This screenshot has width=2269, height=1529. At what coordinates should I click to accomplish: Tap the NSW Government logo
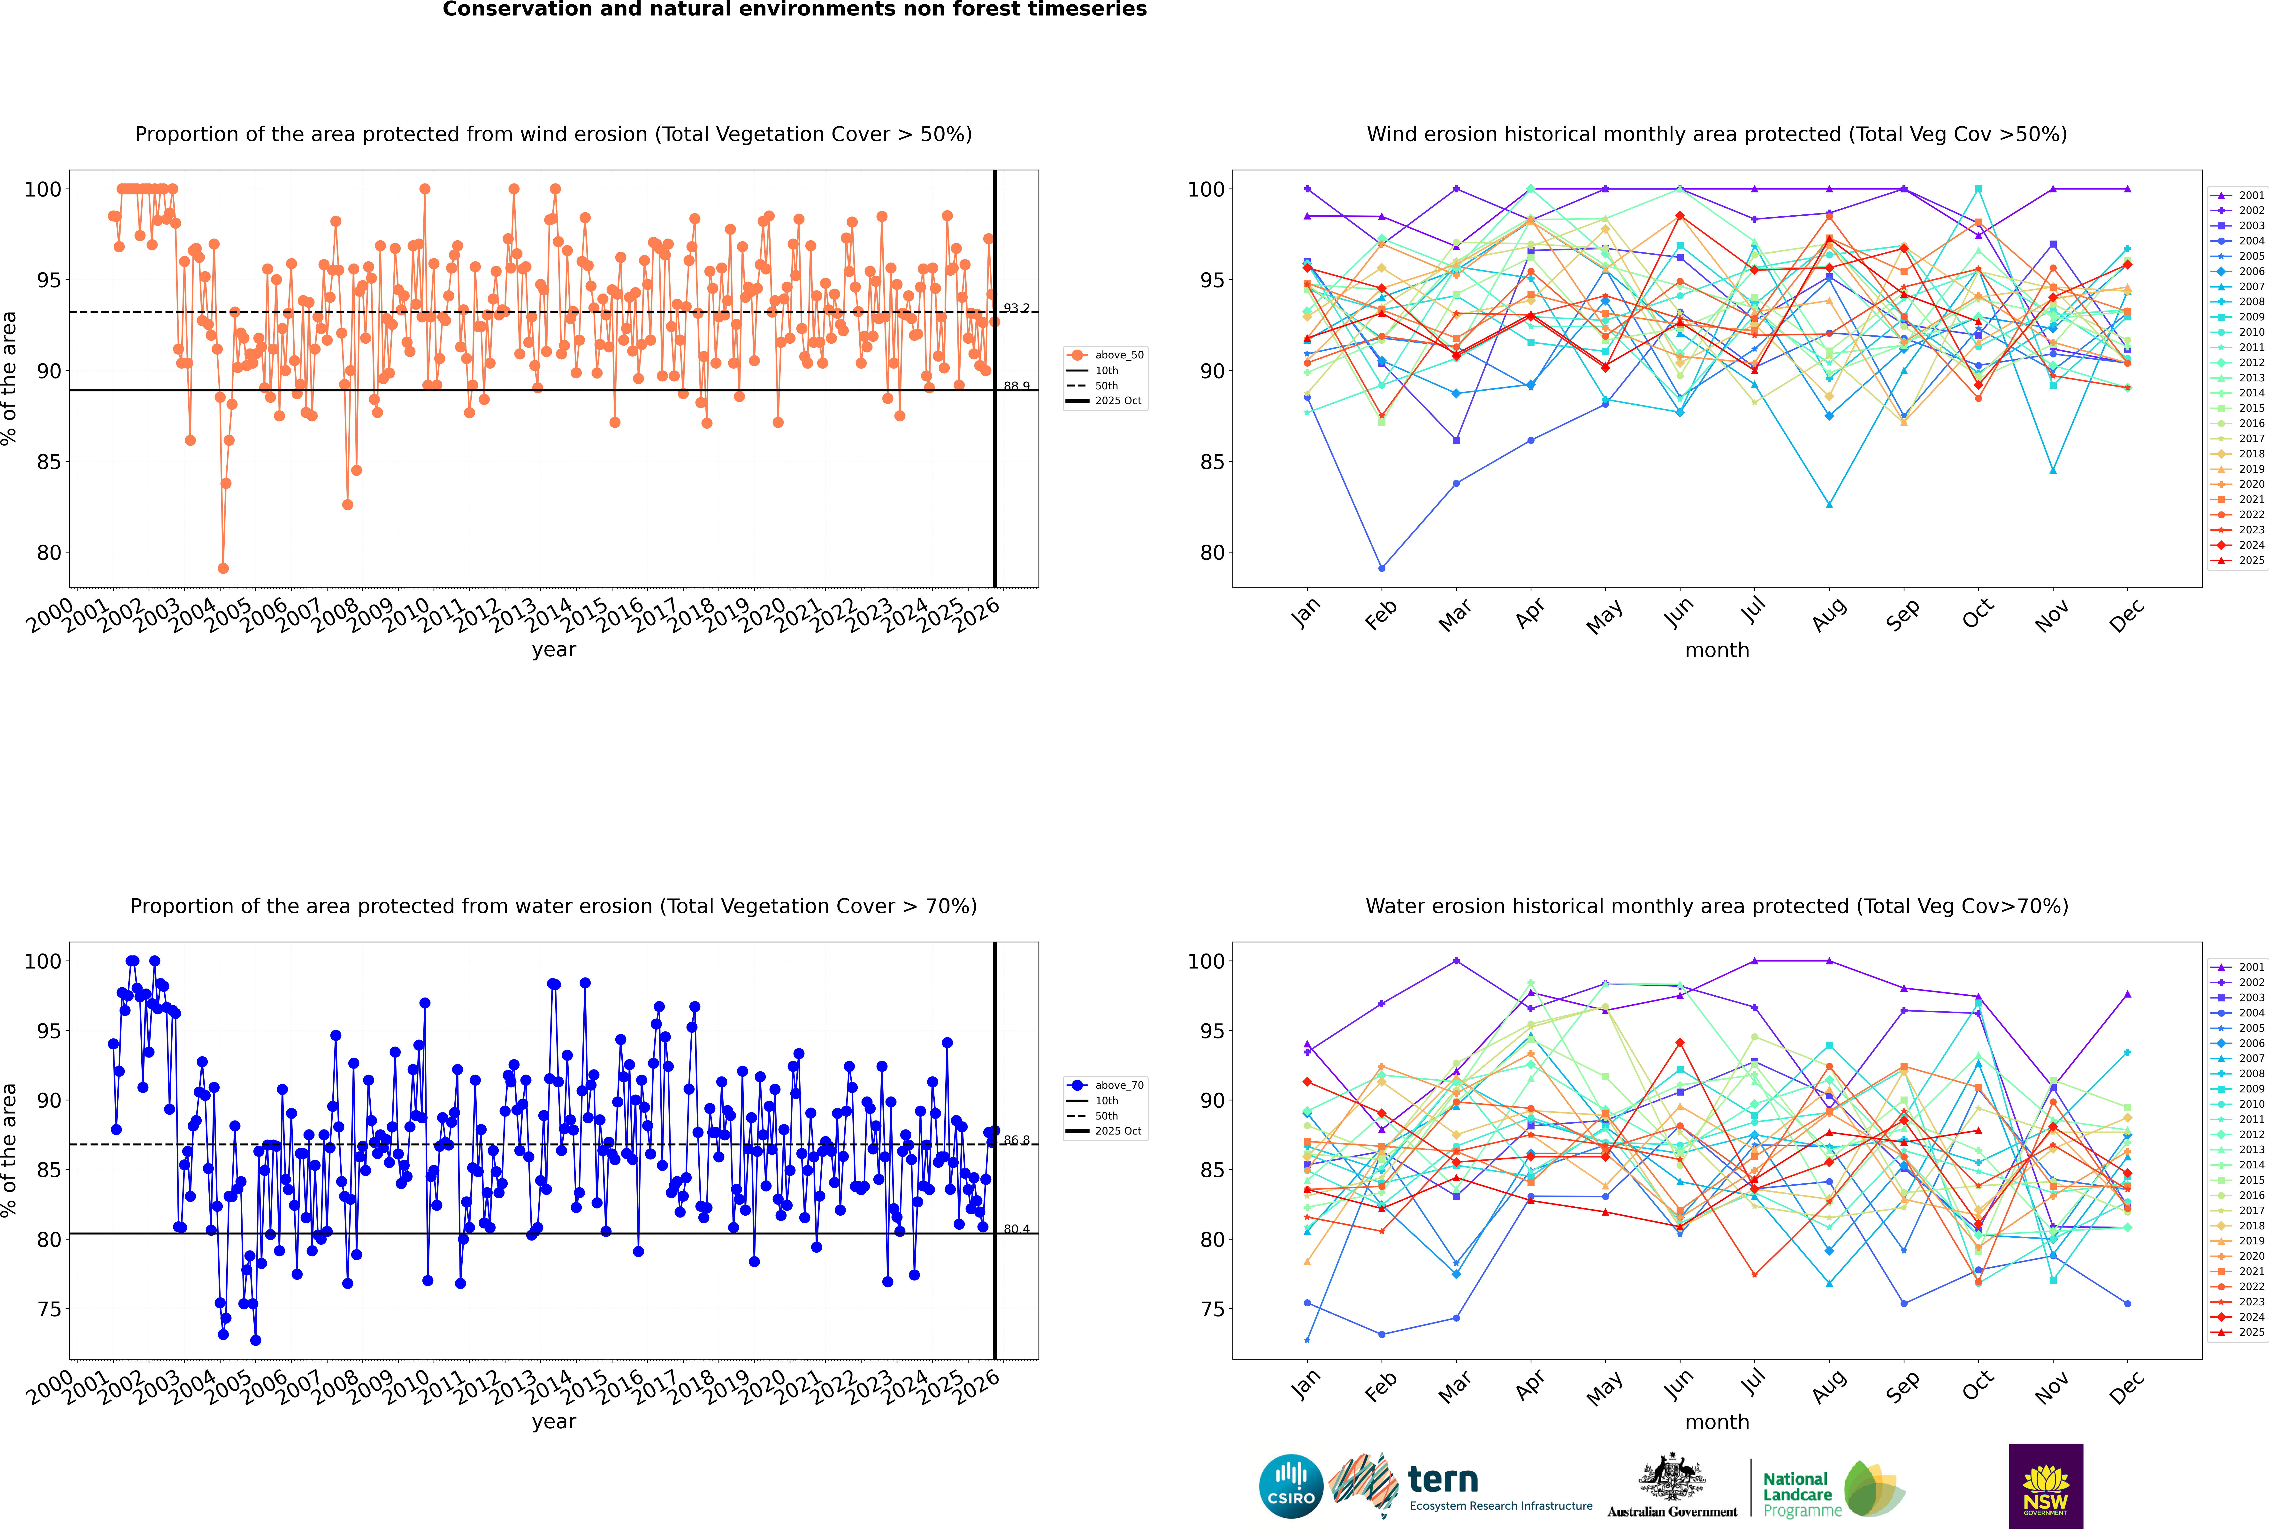(2046, 1485)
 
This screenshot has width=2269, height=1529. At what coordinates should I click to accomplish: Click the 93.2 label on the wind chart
(1016, 308)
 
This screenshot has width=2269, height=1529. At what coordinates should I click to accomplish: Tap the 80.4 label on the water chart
(1016, 1229)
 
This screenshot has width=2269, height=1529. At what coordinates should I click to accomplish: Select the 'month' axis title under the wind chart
(1717, 651)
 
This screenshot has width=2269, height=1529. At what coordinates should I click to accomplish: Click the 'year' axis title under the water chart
(554, 1422)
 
